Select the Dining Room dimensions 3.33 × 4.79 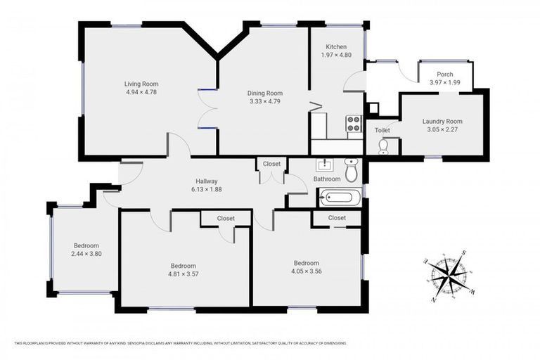(264, 101)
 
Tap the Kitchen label (335, 46)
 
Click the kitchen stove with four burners (353, 124)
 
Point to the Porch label (444, 74)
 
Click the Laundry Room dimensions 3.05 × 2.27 (442, 129)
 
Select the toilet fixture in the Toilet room (383, 146)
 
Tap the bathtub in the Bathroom (341, 198)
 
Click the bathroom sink (325, 166)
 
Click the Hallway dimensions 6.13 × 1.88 (206, 189)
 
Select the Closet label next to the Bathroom (271, 164)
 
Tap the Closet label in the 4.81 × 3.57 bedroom (226, 219)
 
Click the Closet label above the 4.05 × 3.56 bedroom (337, 218)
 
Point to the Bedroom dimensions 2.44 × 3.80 (86, 254)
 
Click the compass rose (451, 275)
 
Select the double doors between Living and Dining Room (207, 109)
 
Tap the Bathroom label (327, 179)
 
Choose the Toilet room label (382, 130)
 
